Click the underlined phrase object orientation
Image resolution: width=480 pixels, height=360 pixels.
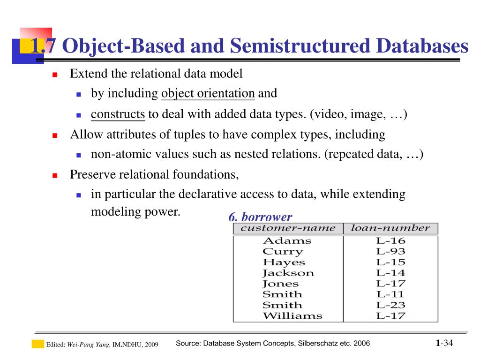point(208,93)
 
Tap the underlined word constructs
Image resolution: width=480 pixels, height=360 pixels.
point(118,114)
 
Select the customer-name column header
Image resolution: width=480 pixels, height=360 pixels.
point(288,228)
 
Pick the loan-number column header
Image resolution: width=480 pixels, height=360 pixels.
point(390,228)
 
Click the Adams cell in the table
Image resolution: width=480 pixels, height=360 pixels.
point(287,241)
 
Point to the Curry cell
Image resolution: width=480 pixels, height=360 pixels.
point(283,252)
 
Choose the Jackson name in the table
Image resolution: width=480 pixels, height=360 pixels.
point(288,273)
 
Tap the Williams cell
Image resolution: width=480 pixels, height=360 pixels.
point(292,315)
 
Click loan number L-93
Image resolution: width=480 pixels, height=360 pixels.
point(390,252)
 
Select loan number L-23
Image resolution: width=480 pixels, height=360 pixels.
point(390,305)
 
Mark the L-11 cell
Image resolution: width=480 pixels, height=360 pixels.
point(390,294)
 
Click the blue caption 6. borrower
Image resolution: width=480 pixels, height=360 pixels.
point(260,217)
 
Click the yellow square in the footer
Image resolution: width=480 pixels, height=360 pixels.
point(37,344)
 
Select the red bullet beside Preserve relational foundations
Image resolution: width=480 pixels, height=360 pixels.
point(54,176)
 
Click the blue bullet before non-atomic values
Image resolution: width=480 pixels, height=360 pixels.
point(79,155)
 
